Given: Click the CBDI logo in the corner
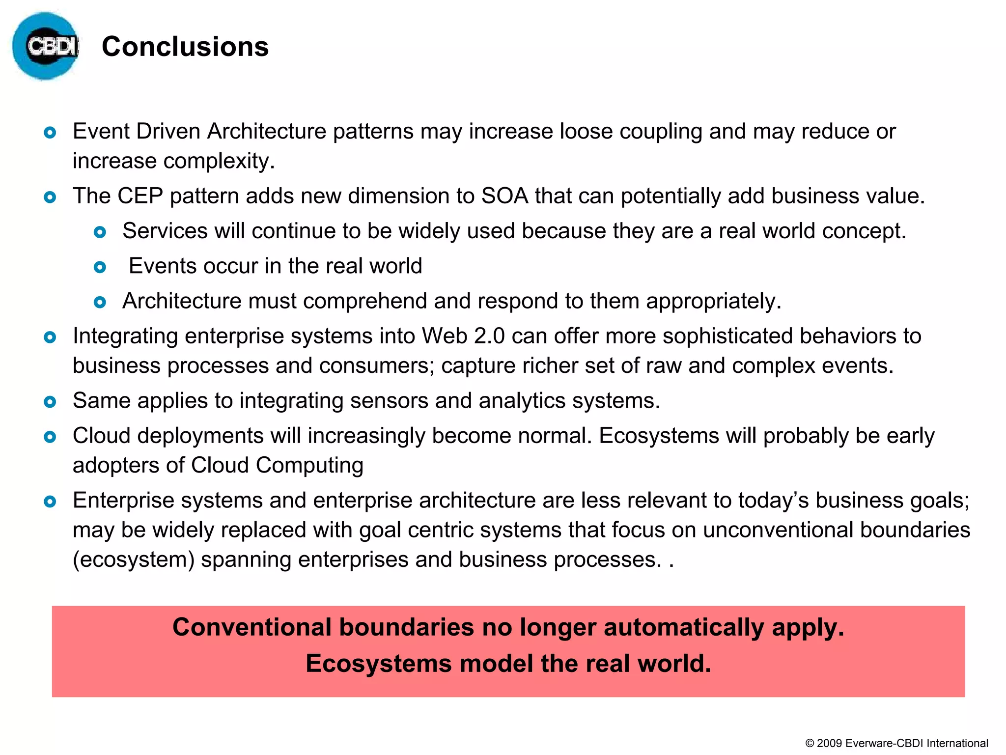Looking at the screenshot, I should point(45,46).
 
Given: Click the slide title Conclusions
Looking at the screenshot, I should point(185,47).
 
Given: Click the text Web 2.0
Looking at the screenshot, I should point(463,336).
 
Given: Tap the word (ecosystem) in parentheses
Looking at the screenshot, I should point(134,560).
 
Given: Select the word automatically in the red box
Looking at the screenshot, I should point(684,627).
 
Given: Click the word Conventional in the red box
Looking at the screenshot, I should point(252,627).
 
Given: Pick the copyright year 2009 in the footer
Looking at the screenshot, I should point(830,743).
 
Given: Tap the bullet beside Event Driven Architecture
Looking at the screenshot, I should point(50,132).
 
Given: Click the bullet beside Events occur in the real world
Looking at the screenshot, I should point(100,267).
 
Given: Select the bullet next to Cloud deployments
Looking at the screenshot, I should point(50,437).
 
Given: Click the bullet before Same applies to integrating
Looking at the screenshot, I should point(50,402).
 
